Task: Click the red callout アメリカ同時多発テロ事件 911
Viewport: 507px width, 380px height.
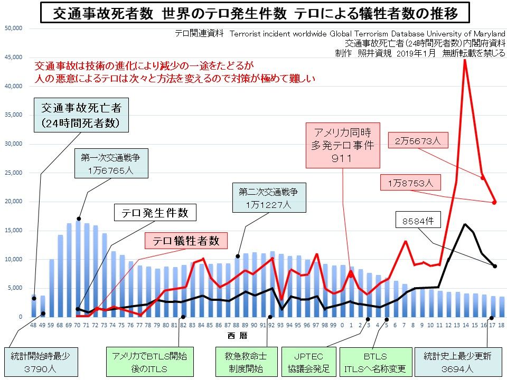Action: pyautogui.click(x=343, y=144)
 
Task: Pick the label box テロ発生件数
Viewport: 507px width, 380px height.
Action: pyautogui.click(x=155, y=213)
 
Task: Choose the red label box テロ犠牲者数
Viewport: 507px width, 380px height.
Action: pyautogui.click(x=186, y=241)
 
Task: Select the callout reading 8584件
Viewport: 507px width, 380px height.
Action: pyautogui.click(x=418, y=221)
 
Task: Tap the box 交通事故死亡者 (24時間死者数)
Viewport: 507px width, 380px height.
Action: pyautogui.click(x=81, y=116)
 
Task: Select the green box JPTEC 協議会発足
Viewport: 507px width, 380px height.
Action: pyautogui.click(x=309, y=362)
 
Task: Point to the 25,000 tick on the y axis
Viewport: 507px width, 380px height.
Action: pyautogui.click(x=13, y=173)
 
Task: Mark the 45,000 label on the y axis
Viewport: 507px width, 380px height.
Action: pyautogui.click(x=13, y=57)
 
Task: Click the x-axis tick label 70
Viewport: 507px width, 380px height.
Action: pyautogui.click(x=78, y=325)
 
